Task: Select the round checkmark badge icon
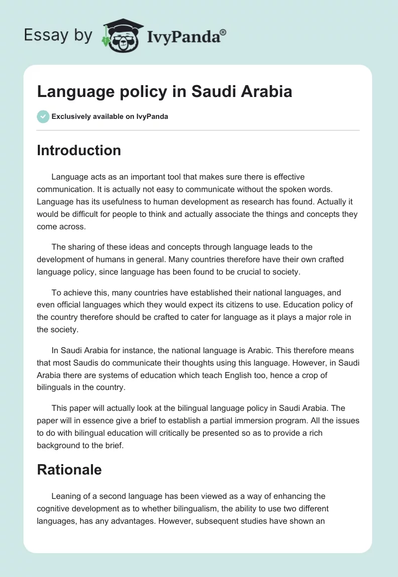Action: click(43, 116)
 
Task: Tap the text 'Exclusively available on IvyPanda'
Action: click(110, 117)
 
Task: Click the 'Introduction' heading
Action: click(79, 150)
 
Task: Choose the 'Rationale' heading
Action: click(69, 469)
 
